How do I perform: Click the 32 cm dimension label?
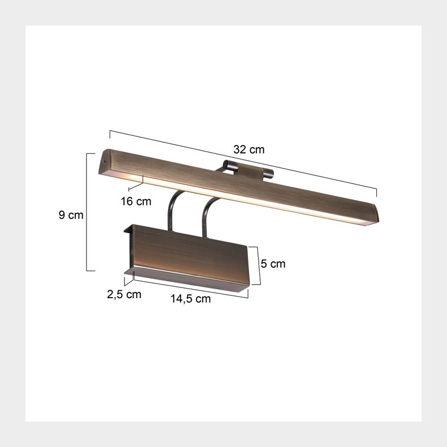[x=248, y=150]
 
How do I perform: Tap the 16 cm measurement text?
[x=136, y=201]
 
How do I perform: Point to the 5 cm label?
[x=273, y=264]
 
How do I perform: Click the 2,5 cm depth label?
[x=124, y=294]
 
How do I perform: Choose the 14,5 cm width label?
[x=191, y=299]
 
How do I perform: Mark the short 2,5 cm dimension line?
[x=128, y=278]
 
